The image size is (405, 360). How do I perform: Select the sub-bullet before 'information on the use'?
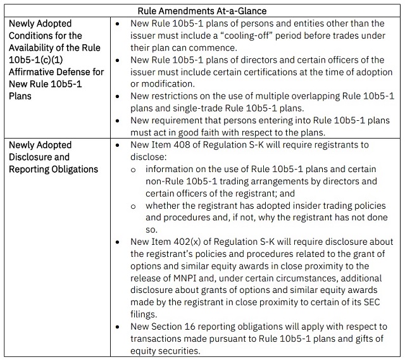(x=133, y=170)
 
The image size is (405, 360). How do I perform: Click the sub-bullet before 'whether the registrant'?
(x=133, y=206)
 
